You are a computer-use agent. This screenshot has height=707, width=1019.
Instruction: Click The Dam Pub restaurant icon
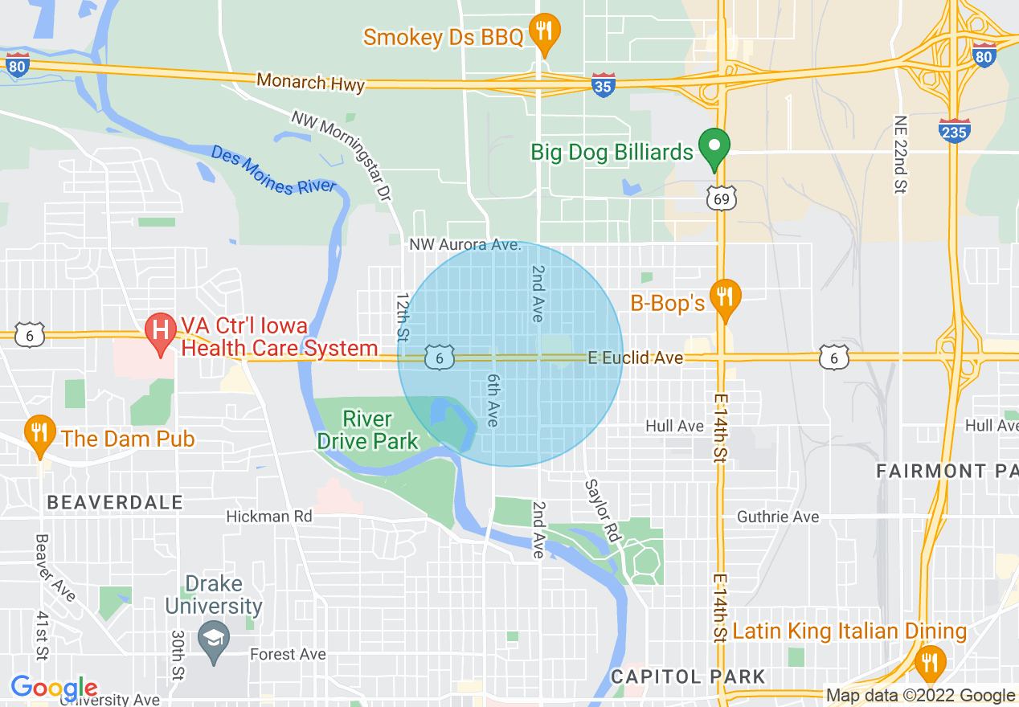pos(39,433)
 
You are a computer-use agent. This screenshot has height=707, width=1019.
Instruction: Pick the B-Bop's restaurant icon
pos(726,298)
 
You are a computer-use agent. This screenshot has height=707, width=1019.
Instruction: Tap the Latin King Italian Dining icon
pos(930,661)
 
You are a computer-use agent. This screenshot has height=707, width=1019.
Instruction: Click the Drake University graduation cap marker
pos(214,640)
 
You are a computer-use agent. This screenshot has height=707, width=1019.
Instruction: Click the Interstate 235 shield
pos(954,130)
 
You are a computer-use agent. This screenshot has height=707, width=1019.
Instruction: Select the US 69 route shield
pos(722,197)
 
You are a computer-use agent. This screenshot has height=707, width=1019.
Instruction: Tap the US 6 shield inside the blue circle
pos(440,358)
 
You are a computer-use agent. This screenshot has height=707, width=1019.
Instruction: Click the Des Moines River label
pos(273,170)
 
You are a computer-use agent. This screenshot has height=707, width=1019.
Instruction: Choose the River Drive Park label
pos(367,430)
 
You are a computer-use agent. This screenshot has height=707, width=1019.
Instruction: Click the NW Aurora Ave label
pos(465,244)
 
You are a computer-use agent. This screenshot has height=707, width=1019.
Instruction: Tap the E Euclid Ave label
pos(635,358)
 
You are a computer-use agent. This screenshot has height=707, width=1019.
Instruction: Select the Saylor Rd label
pos(603,510)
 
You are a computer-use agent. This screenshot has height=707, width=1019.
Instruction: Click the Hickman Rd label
pos(268,516)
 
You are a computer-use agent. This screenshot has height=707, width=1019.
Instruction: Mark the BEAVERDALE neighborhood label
pos(115,503)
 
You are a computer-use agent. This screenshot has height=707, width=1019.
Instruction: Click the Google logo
pos(54,689)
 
